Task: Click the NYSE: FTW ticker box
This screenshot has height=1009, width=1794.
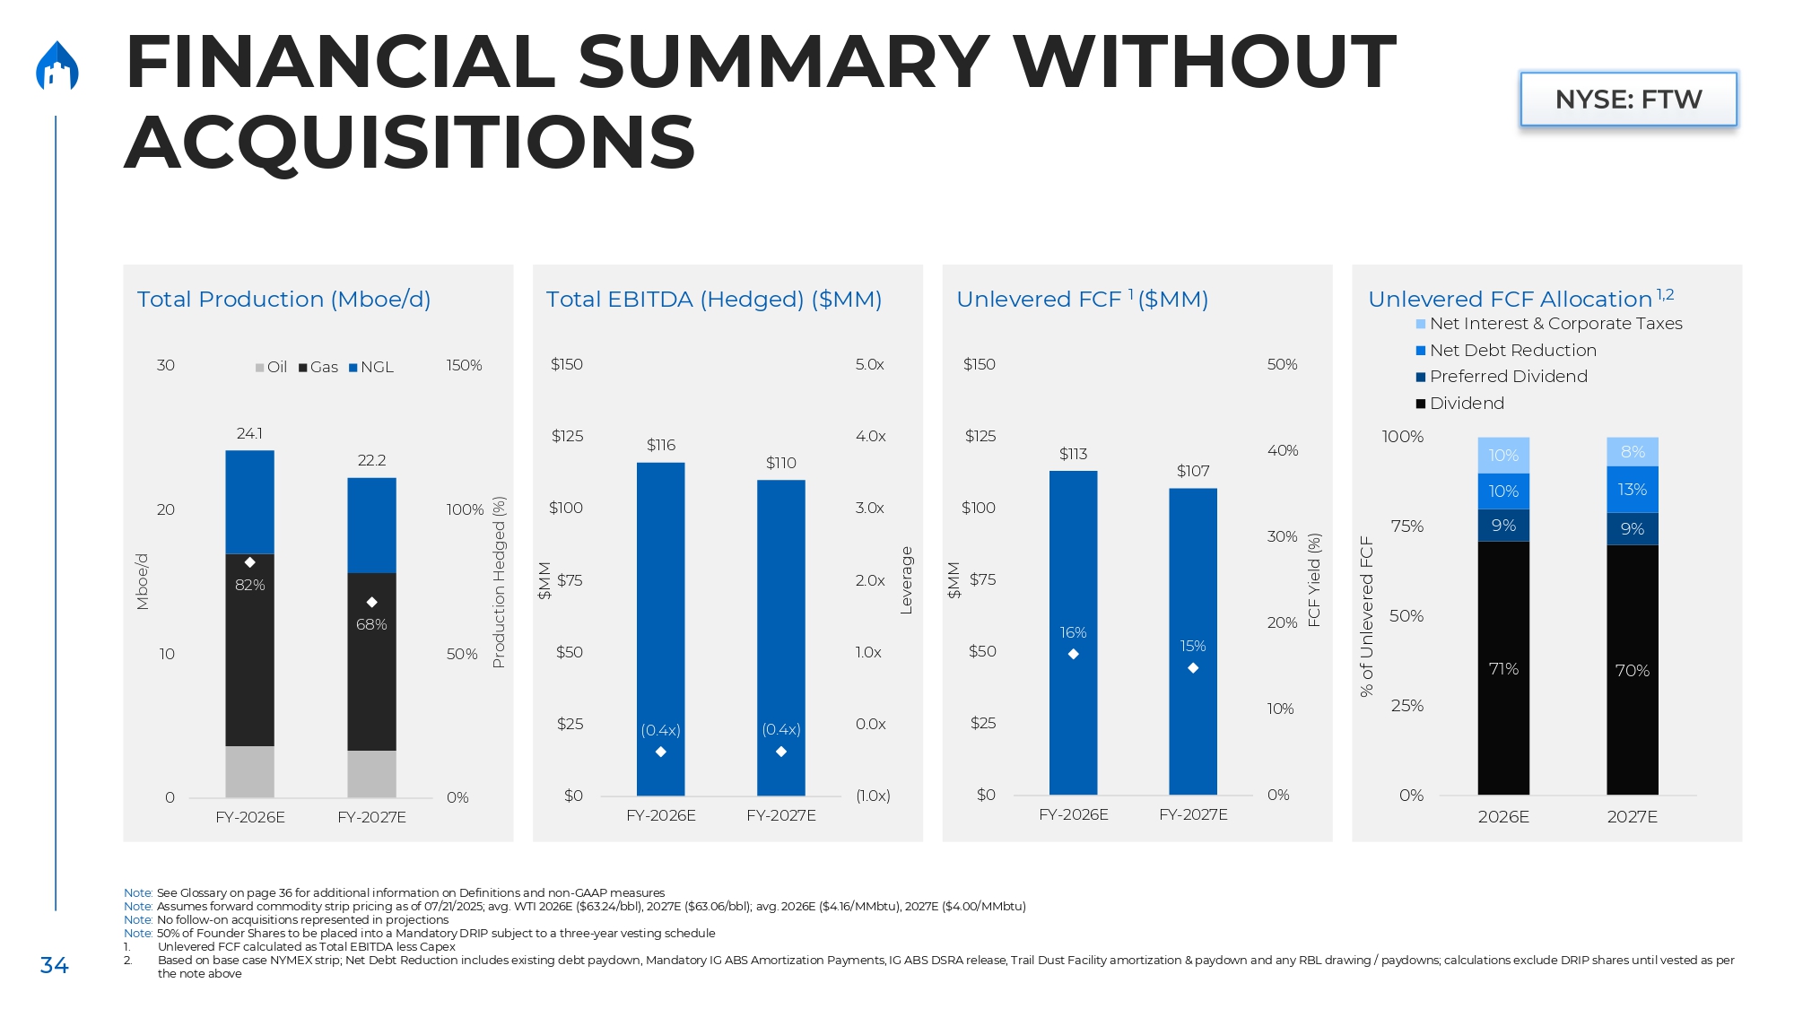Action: coord(1628,99)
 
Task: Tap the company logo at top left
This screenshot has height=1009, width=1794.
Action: coord(57,66)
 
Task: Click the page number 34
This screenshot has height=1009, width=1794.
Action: coord(54,965)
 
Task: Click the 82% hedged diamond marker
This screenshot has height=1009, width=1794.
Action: coord(250,562)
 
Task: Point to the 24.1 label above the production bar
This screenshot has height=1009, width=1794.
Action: coord(249,433)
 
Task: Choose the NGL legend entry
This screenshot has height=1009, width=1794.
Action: coord(371,367)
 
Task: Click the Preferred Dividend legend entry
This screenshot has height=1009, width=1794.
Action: coord(1507,377)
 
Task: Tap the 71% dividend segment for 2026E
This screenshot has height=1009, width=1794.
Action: coord(1503,668)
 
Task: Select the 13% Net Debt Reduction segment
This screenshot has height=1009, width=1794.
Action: coord(1633,490)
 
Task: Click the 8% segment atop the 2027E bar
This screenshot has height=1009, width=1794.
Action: coord(1633,452)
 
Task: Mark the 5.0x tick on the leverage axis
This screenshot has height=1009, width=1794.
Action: coord(869,364)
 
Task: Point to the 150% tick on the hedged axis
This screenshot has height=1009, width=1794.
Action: coord(464,365)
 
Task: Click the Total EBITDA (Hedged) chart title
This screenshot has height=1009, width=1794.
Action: coord(714,299)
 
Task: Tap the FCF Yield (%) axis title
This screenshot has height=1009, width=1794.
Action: coord(1314,579)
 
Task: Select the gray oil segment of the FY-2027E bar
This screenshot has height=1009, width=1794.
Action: coord(371,773)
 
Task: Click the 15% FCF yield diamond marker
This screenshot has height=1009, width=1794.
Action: coord(1193,668)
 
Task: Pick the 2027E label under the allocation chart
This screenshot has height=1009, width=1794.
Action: coord(1632,816)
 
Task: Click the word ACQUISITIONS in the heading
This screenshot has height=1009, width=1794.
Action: coord(410,143)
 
